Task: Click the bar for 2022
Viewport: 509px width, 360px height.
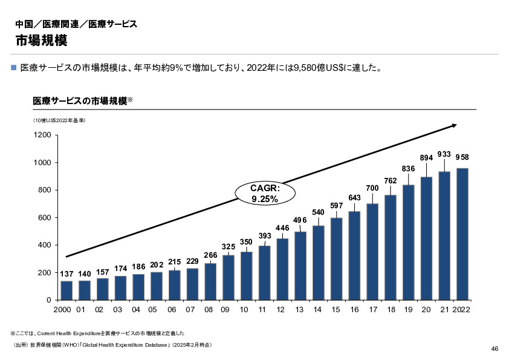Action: [x=462, y=234]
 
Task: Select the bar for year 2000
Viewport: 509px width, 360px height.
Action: [x=66, y=290]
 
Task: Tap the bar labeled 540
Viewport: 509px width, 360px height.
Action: [x=319, y=263]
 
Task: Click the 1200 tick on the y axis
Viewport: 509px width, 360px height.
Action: [x=42, y=135]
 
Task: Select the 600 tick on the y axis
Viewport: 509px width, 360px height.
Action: [x=44, y=218]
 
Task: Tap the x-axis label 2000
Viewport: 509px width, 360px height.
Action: [x=62, y=310]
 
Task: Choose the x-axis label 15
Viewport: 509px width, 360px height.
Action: [x=336, y=310]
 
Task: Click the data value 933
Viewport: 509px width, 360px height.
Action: [x=444, y=154]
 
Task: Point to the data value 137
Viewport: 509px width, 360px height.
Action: [x=66, y=274]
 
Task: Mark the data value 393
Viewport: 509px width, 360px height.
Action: [x=265, y=235]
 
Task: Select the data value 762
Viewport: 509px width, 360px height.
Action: [x=390, y=180]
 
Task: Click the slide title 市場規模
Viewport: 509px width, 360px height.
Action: [x=41, y=41]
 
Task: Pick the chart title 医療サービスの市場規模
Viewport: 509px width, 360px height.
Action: [x=79, y=100]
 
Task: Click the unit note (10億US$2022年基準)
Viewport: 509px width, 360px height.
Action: [x=59, y=120]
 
